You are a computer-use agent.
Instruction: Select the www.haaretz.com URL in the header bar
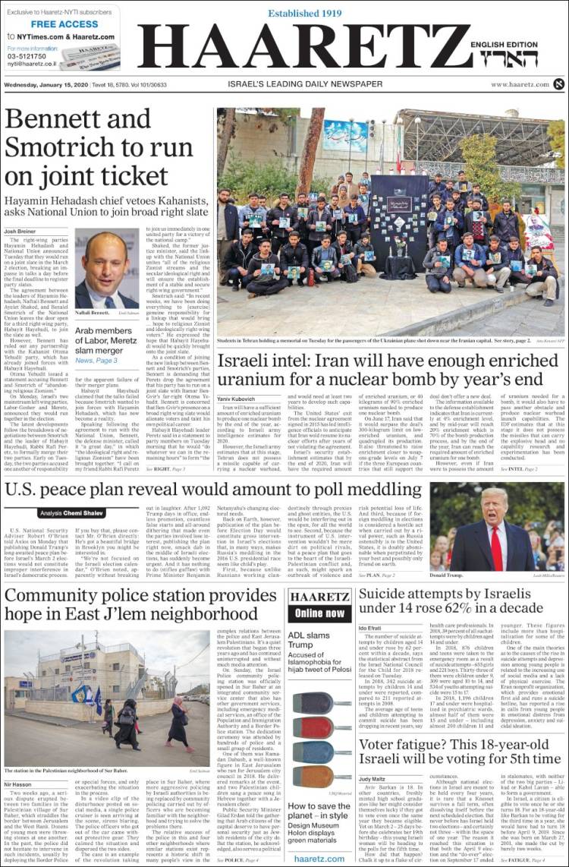519,84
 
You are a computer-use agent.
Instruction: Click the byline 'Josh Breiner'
20,231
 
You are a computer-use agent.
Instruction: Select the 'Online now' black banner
319,613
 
